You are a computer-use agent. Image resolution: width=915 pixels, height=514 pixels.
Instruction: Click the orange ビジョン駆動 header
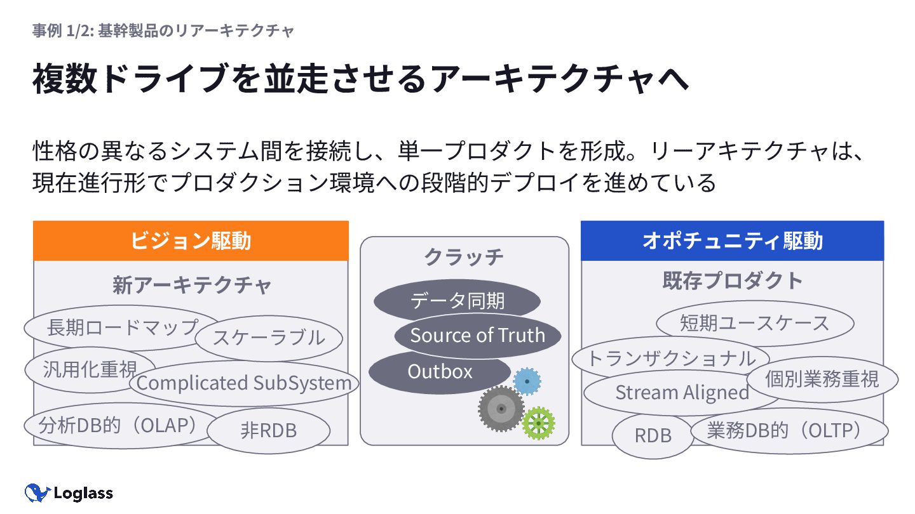tap(191, 241)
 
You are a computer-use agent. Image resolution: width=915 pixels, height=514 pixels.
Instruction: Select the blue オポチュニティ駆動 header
tap(732, 241)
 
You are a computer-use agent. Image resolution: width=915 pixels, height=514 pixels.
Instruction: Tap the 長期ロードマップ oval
tap(121, 327)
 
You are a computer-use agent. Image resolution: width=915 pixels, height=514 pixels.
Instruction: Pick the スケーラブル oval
tap(269, 337)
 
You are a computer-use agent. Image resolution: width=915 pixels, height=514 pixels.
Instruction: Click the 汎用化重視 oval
tap(89, 369)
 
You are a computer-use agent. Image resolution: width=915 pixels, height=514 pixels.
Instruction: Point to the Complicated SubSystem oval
tap(244, 383)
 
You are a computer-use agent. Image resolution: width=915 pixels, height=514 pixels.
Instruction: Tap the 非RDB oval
tap(269, 431)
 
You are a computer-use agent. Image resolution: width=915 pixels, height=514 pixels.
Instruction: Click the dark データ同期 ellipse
tap(457, 300)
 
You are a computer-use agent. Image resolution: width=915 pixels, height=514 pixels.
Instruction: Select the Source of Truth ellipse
tap(478, 335)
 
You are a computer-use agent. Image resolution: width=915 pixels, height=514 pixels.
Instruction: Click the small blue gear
tap(527, 381)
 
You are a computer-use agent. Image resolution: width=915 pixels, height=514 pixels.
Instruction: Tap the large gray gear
tap(501, 409)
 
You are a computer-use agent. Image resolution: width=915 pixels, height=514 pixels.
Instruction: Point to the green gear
tap(538, 423)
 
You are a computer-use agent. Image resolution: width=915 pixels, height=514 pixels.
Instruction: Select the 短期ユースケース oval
tap(754, 323)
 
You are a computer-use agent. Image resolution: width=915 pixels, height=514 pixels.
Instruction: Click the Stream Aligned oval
tap(681, 393)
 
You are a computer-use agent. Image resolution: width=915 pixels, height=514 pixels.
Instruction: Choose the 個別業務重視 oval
tap(822, 379)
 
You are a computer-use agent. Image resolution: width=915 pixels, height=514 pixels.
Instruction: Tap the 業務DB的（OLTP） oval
tap(788, 431)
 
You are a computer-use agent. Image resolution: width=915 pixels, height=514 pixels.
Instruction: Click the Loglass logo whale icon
tap(37, 492)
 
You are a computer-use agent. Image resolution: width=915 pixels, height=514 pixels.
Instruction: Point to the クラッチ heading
tap(464, 257)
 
